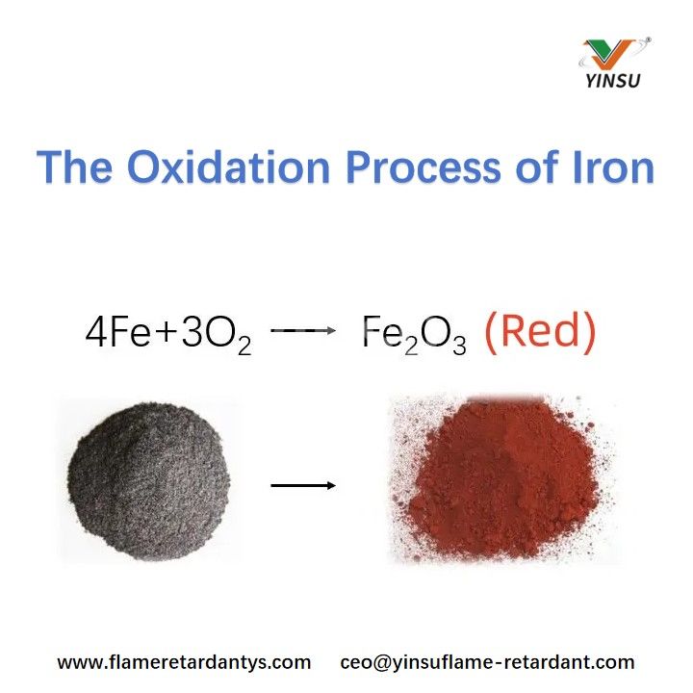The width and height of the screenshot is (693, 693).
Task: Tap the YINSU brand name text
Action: coord(612,81)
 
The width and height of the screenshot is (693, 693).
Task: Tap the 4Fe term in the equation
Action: coord(115,333)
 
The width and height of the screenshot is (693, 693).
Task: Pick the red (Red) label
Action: coord(539,333)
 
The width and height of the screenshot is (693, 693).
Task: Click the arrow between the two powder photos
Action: coord(302,484)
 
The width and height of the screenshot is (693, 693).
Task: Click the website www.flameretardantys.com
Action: coord(184,662)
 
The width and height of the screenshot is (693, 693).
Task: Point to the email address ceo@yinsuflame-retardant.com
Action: coord(487,662)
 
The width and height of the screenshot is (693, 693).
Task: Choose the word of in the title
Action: coord(538,167)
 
